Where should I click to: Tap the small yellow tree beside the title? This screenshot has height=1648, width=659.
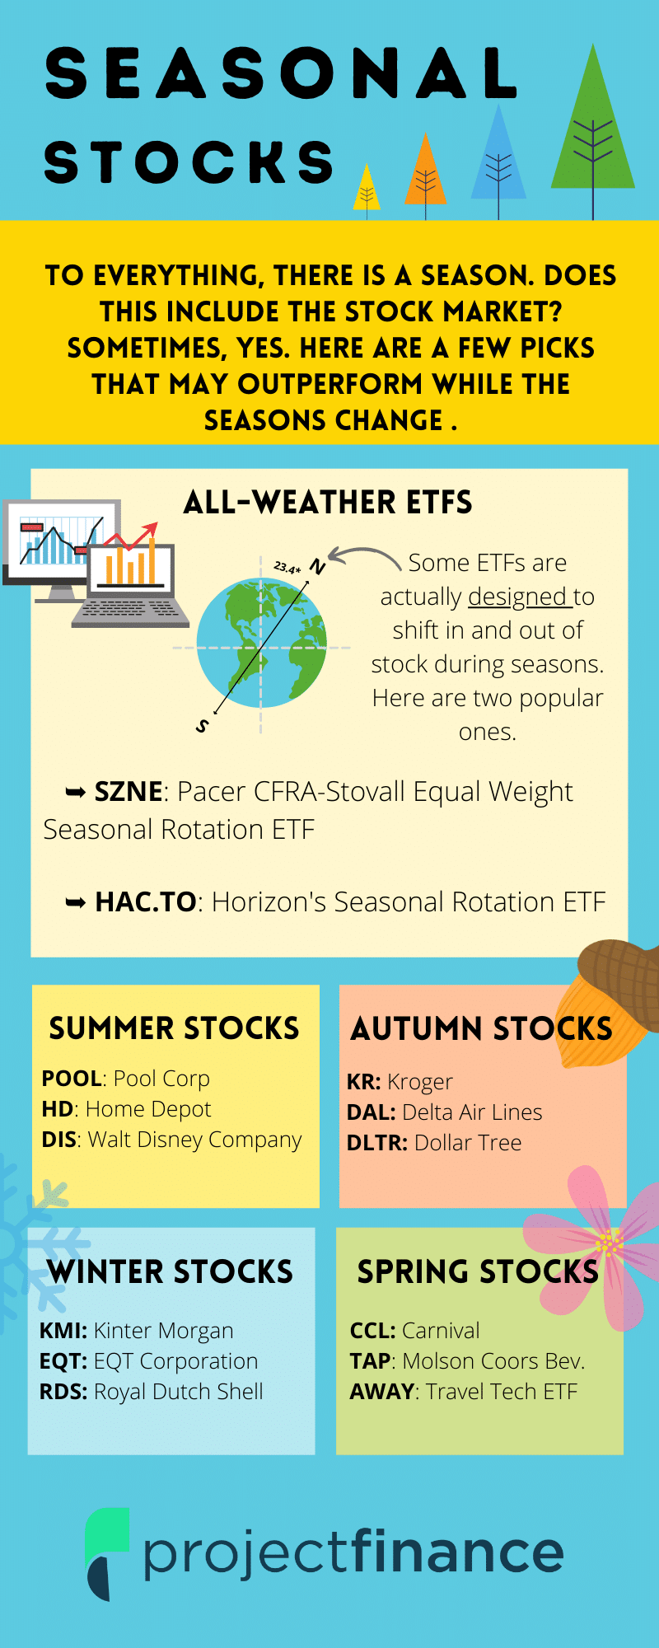tap(367, 190)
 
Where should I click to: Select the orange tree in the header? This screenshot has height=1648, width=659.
tap(425, 173)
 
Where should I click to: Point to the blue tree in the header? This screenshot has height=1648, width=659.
tap(498, 157)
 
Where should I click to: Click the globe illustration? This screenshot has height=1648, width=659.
tap(262, 643)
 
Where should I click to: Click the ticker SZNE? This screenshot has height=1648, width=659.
tap(128, 792)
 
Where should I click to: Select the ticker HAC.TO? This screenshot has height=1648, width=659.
tap(146, 902)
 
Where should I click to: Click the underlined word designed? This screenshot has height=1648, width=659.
tap(517, 597)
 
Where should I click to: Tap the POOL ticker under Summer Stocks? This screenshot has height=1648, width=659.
tap(72, 1079)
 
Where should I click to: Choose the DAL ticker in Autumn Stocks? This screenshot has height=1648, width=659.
tap(370, 1112)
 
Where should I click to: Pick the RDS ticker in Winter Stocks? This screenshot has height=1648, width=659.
tap(62, 1392)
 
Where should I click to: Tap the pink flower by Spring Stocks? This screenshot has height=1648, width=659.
tap(598, 1244)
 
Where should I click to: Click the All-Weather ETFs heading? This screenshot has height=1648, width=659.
tap(328, 503)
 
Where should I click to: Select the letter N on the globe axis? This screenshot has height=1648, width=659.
tap(317, 567)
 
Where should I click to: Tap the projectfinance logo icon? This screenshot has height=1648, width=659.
tap(108, 1554)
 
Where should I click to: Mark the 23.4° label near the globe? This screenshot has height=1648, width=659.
tap(287, 568)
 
